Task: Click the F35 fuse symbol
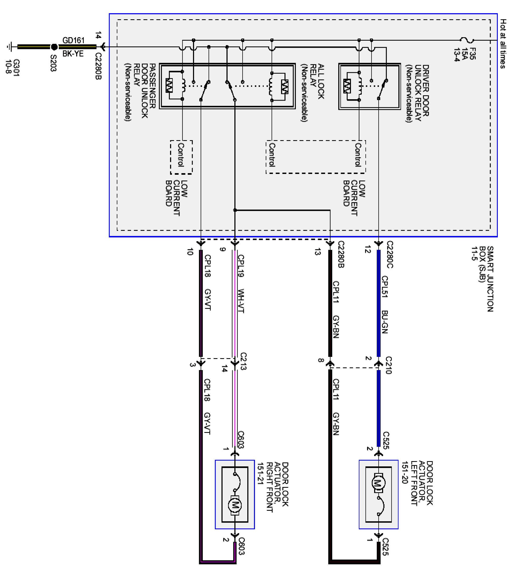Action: click(467, 40)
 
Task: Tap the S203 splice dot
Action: click(54, 47)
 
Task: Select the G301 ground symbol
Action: click(10, 47)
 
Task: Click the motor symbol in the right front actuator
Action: click(235, 505)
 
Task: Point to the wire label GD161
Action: click(73, 40)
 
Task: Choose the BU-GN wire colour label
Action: click(384, 322)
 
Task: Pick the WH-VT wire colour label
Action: click(241, 301)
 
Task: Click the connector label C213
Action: click(243, 361)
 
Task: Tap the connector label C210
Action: click(388, 365)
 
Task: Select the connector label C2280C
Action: click(390, 254)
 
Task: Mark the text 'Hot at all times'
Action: click(503, 44)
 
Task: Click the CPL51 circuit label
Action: click(384, 287)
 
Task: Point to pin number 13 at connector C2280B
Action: click(318, 252)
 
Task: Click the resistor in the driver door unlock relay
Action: click(347, 86)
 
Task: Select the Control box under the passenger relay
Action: click(181, 157)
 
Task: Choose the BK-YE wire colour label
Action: click(73, 54)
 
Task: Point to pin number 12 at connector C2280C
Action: click(368, 249)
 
